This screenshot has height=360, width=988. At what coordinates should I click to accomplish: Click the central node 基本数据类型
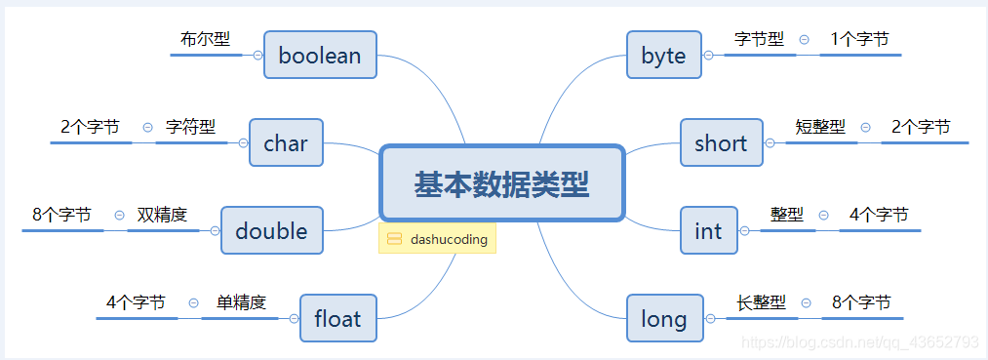[x=501, y=183]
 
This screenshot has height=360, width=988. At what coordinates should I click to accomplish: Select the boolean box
[x=320, y=56]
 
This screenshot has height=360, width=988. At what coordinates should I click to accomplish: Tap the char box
[x=286, y=143]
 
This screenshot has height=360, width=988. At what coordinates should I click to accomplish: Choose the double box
[x=271, y=231]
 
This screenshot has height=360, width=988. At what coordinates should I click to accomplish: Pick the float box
[x=337, y=319]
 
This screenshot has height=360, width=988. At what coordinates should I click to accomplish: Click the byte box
[x=663, y=56]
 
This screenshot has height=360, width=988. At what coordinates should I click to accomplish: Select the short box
[x=720, y=143]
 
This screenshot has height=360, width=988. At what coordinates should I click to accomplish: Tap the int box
[x=708, y=231]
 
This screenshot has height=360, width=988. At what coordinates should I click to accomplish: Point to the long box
[x=663, y=319]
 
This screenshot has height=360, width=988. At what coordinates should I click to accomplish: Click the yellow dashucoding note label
[x=438, y=239]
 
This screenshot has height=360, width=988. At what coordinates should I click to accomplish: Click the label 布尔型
[x=205, y=40]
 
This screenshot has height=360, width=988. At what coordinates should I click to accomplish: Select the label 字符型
[x=190, y=127]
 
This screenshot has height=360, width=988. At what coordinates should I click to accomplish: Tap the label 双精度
[x=162, y=215]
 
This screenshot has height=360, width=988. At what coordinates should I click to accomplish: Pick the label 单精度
[x=241, y=302]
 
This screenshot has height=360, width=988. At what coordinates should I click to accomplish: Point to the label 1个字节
[x=859, y=39]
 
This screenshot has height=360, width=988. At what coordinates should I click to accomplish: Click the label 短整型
[x=820, y=127]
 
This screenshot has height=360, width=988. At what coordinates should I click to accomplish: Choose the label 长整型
[x=762, y=302]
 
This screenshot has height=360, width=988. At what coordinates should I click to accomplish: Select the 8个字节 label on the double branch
[x=61, y=215]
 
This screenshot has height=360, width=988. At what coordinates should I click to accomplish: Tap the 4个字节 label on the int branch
[x=879, y=215]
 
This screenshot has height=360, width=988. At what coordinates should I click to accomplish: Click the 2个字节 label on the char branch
[x=90, y=127]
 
